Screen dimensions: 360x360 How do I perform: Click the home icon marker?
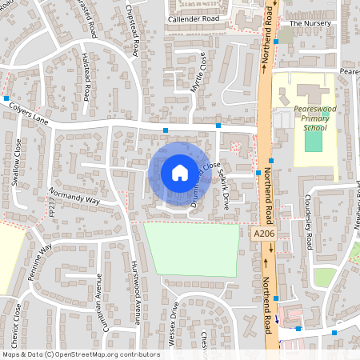coord(179,172)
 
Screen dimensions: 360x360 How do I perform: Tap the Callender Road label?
coord(193,18)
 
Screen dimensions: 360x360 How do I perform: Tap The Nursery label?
coord(310,23)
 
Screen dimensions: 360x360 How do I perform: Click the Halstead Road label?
coord(86,77)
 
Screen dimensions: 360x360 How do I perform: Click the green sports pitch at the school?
coord(314,141)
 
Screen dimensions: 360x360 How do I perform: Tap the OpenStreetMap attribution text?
coord(81,354)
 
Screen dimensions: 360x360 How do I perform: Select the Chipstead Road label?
coord(133,32)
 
